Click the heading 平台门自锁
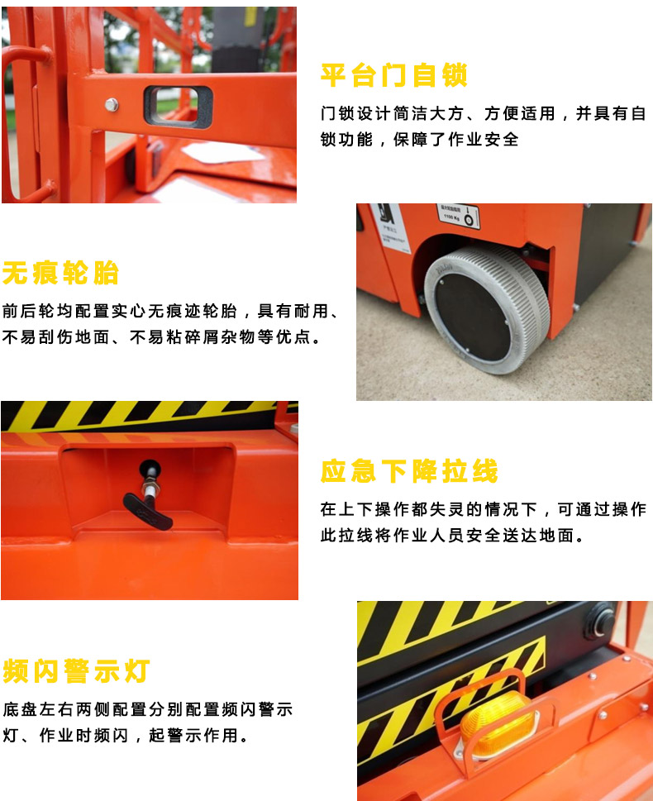tap(393, 75)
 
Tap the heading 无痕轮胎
tap(60, 273)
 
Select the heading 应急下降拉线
tap(409, 470)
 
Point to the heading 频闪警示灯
tap(76, 670)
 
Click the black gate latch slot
tap(178, 107)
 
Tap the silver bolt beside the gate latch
tap(112, 105)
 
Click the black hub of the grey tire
tap(473, 317)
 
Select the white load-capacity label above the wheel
tap(458, 215)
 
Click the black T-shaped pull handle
tap(149, 498)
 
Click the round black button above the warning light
tap(600, 622)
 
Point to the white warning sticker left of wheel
tap(390, 226)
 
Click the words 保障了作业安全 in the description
tap(455, 139)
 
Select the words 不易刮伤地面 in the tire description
tap(56, 337)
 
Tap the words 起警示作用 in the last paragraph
tap(193, 736)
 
